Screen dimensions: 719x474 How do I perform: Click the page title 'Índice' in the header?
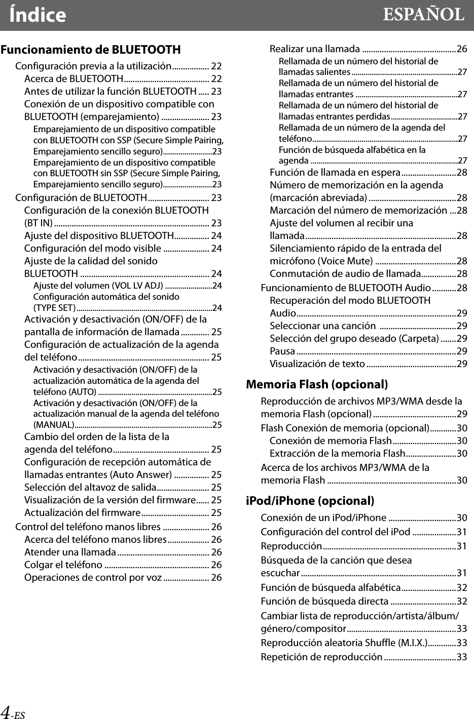pos(38,15)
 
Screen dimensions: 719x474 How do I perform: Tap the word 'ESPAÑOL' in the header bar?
pos(423,15)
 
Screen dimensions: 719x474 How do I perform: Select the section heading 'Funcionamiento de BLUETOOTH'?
pos(91,50)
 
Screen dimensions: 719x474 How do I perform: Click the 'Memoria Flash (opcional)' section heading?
pos(317,384)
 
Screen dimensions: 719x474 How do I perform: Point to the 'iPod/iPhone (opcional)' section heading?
pos(310,501)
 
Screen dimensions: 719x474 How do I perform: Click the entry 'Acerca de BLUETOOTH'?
pos(74,78)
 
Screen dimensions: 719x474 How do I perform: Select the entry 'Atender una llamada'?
pos(70,552)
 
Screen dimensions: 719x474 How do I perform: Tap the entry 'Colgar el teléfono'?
pos(63,565)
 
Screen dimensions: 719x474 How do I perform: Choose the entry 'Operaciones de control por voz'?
pos(93,577)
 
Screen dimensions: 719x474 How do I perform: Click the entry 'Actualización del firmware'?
pos(82,512)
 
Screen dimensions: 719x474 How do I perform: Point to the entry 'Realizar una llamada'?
pos(314,49)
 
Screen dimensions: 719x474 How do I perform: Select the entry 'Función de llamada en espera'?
pos(335,172)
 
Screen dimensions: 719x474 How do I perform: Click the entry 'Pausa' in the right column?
pos(282,351)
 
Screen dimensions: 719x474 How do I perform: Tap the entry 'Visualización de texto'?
pos(317,364)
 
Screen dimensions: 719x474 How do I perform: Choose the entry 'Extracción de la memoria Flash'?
pos(337,453)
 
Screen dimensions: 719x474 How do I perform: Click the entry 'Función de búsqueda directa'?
pos(324,601)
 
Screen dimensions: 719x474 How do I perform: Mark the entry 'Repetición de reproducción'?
pos(321,657)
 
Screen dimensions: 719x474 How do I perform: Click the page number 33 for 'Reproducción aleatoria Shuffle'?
pos(462,643)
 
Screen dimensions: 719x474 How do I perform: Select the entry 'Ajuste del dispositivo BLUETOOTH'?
pos(99,235)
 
